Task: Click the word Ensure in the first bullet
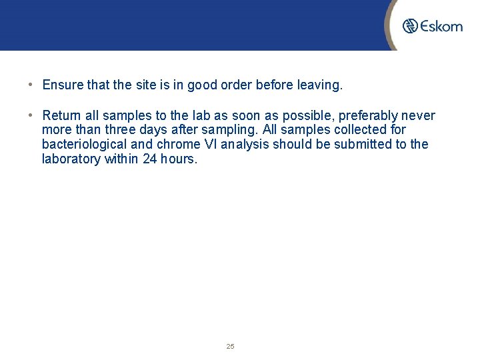[x=61, y=85]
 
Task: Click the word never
[x=418, y=115]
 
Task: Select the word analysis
[x=243, y=145]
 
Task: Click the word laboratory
[x=71, y=159]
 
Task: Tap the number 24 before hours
[x=150, y=159]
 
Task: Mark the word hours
[x=179, y=159]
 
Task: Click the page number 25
[x=231, y=347]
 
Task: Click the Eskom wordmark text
[x=441, y=26]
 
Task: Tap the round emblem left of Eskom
[x=410, y=26]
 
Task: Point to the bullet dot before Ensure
[x=31, y=85]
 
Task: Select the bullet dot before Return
[x=31, y=115]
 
